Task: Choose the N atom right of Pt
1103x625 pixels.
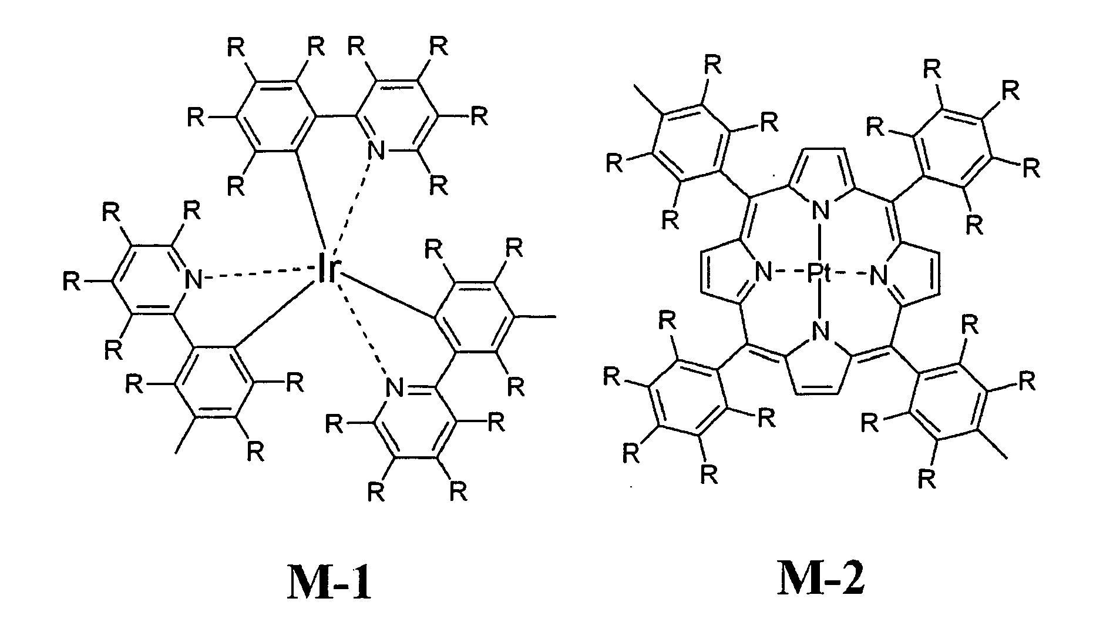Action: pos(877,273)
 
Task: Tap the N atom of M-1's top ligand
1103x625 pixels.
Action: pos(376,151)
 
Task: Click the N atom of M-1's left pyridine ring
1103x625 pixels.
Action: pos(194,278)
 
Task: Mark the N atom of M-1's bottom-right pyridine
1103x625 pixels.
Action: pos(394,387)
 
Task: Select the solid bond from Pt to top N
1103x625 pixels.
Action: pos(820,242)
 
